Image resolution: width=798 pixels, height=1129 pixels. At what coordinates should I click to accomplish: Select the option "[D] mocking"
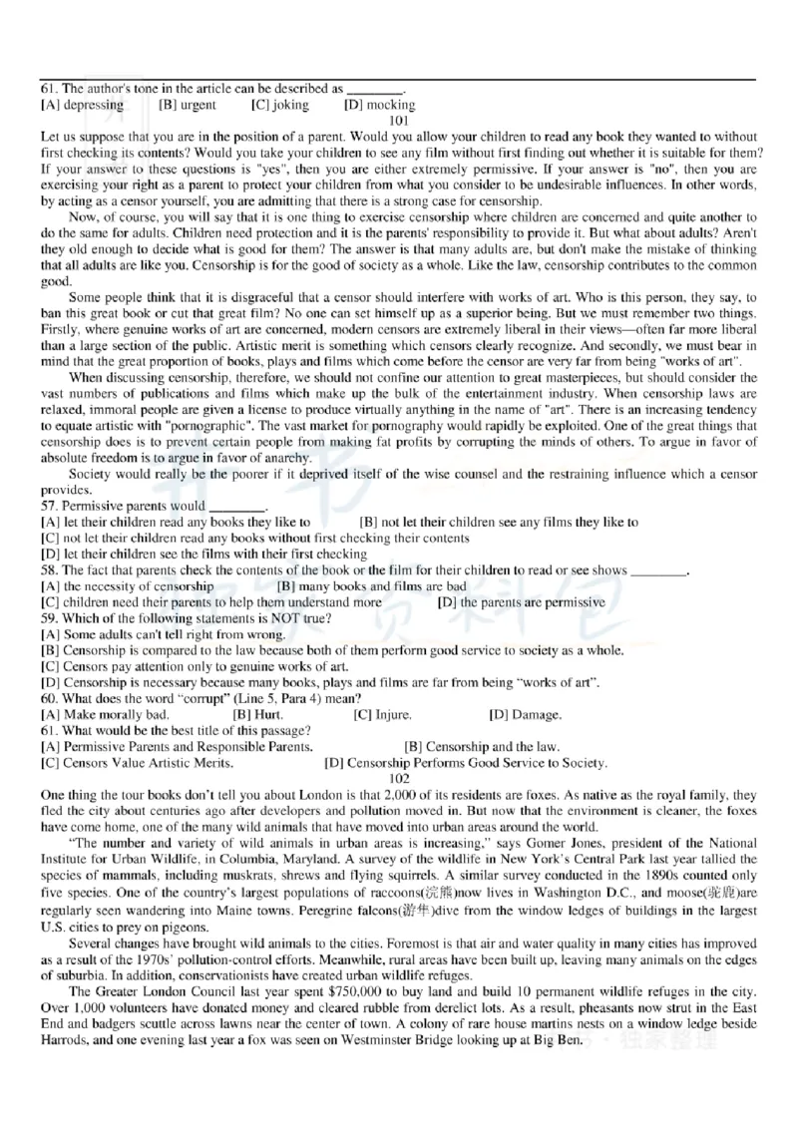(379, 105)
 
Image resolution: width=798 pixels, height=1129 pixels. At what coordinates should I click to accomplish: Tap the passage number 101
(399, 120)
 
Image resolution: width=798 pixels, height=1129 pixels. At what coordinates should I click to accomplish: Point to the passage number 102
(399, 778)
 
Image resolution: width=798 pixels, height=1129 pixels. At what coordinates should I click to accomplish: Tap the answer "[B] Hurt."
(255, 714)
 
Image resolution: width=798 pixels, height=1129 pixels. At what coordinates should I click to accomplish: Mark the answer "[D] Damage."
(525, 714)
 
